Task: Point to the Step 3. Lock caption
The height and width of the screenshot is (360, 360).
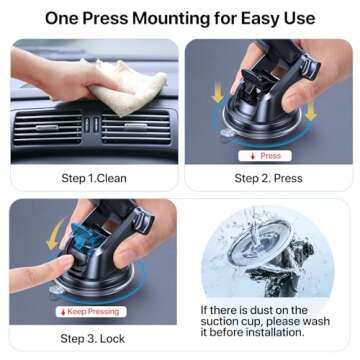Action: [x=94, y=339]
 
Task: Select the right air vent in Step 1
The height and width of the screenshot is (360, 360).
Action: [x=135, y=126]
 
